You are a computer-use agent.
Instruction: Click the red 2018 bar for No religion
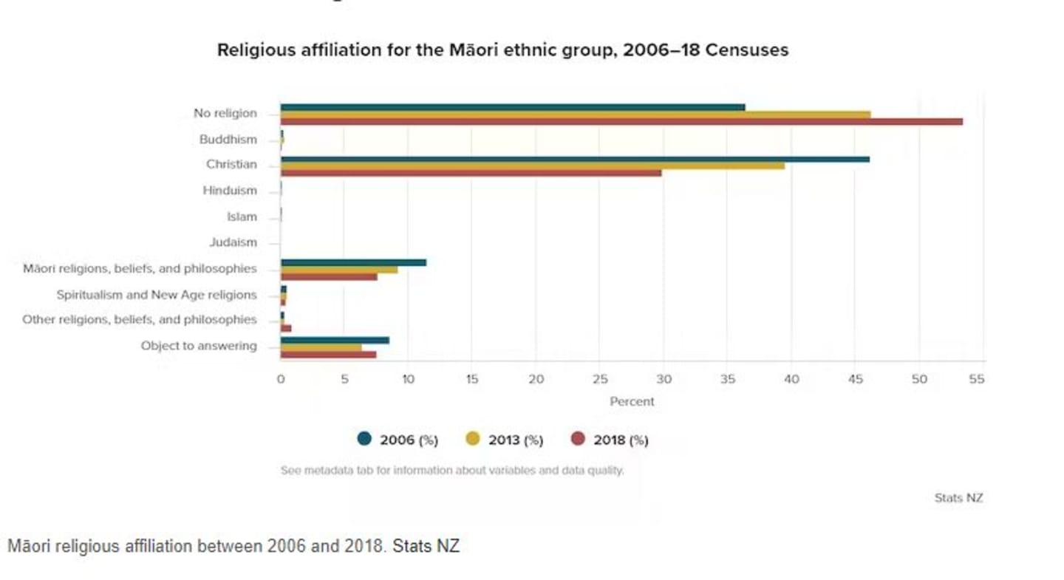[621, 122]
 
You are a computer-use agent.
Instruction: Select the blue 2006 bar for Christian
[575, 159]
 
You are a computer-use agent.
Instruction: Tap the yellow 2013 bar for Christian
[532, 166]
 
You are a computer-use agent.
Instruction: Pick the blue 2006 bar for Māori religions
[353, 262]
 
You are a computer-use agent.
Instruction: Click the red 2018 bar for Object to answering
[328, 355]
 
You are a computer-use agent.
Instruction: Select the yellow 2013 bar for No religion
[575, 115]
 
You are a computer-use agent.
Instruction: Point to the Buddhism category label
[228, 140]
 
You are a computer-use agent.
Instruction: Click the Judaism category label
[233, 242]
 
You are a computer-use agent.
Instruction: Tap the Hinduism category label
[230, 191]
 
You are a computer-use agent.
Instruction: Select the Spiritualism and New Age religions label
[157, 295]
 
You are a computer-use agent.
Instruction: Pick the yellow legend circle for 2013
[472, 439]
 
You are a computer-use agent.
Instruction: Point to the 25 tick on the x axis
[600, 380]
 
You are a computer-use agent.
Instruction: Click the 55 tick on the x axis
[977, 380]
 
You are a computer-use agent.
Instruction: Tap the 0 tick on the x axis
[281, 380]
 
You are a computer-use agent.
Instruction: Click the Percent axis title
[632, 402]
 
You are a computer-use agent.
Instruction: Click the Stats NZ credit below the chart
[958, 498]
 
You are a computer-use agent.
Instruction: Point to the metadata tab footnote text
[452, 471]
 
